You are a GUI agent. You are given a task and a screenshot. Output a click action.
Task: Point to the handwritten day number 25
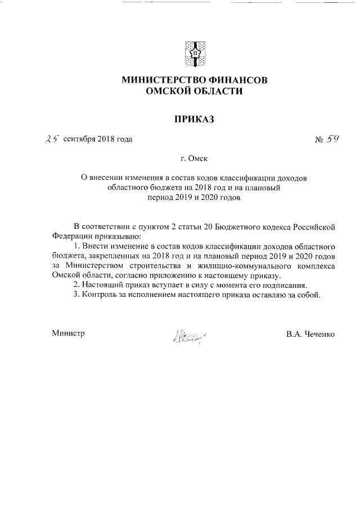point(53,138)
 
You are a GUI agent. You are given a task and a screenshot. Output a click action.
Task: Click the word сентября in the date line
point(79,139)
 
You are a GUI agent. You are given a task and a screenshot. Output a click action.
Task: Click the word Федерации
point(71,237)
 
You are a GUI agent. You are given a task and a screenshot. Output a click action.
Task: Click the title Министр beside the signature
point(68,334)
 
